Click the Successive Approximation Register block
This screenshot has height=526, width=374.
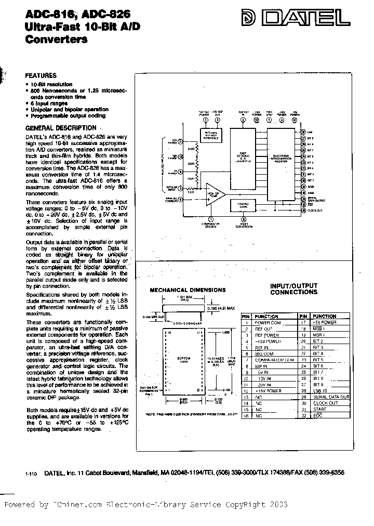click(x=282, y=163)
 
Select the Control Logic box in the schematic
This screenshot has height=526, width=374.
click(x=242, y=206)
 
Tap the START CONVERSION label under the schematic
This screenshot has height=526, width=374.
click(x=243, y=225)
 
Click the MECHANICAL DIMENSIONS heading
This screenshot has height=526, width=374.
click(x=188, y=290)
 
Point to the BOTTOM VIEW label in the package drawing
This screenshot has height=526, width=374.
click(x=184, y=360)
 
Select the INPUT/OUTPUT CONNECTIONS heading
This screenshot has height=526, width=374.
click(x=293, y=289)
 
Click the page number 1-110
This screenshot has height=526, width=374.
click(x=31, y=474)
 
